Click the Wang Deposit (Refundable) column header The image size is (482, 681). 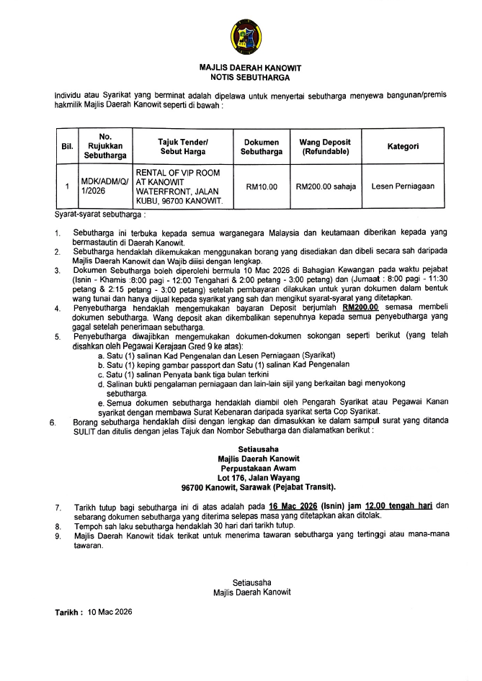coord(326,147)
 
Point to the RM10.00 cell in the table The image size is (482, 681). coord(262,187)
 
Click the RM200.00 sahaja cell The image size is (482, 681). coord(326,187)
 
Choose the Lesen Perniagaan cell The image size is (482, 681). coord(403,186)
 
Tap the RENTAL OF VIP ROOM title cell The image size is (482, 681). coord(184,187)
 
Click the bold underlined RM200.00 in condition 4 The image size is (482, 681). coord(361,308)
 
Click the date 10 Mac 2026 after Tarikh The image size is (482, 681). coord(111,611)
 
